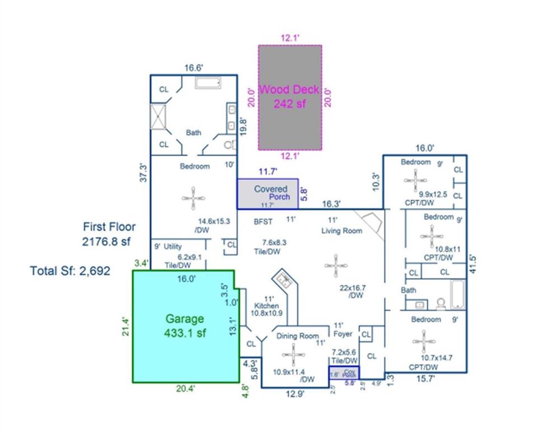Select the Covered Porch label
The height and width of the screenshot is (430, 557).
point(271,189)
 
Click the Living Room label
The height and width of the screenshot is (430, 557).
point(341,231)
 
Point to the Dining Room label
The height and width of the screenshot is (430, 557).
point(297,336)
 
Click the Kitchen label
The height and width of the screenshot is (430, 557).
point(266,306)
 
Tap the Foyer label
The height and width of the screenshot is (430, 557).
point(343,334)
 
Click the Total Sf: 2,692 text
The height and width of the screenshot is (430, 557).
point(70,271)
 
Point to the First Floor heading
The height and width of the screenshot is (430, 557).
point(109,227)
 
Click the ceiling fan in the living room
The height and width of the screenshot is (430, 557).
point(335,264)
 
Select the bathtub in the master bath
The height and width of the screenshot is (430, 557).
point(209,83)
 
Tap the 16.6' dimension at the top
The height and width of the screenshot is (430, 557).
point(193,68)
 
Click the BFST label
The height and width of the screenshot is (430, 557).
point(263,222)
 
